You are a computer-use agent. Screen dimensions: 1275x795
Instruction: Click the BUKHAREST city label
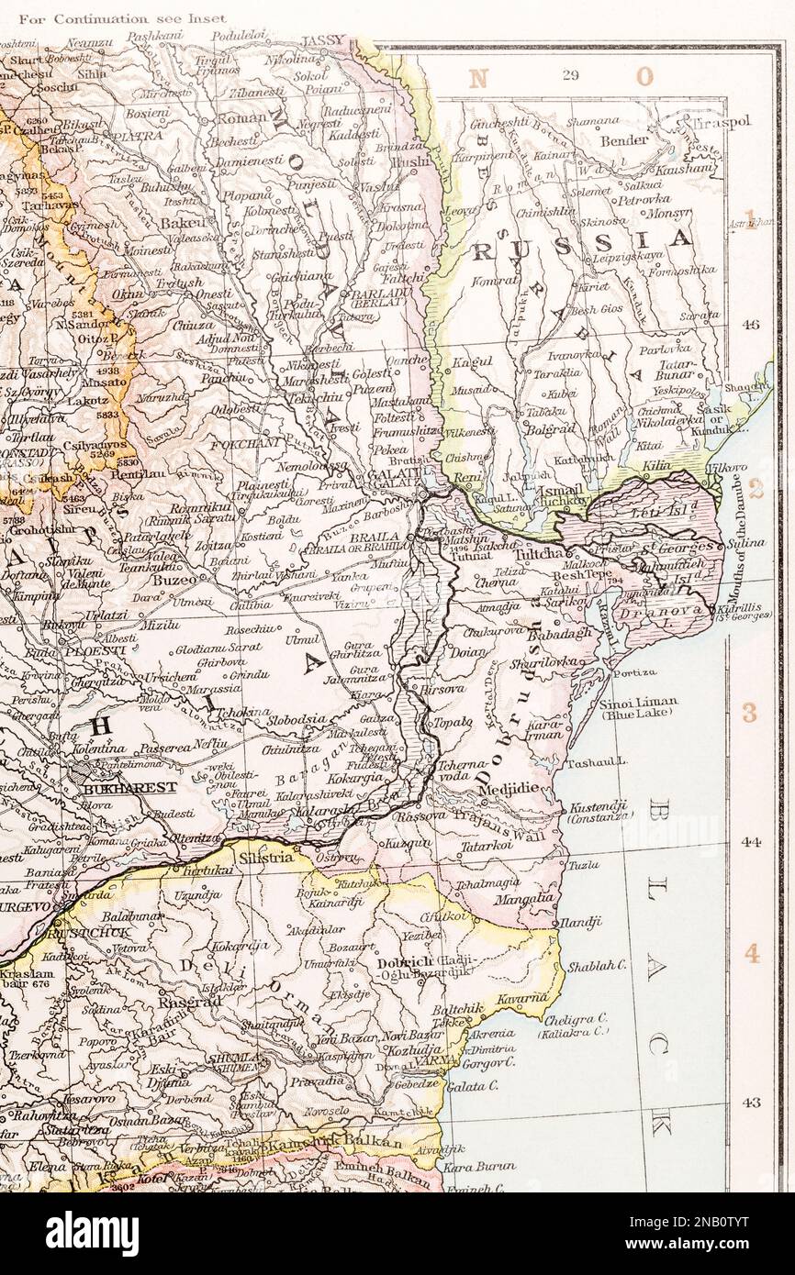click(x=115, y=787)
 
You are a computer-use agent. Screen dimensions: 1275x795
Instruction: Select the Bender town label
click(x=623, y=141)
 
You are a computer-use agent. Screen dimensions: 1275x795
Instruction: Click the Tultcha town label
click(x=541, y=556)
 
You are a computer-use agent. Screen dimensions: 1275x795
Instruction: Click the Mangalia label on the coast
click(x=524, y=899)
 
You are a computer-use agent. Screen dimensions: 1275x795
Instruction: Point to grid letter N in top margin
click(x=477, y=78)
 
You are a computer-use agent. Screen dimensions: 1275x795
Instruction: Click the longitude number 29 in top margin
click(x=569, y=75)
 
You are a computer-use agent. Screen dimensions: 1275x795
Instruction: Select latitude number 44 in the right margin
click(x=751, y=840)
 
